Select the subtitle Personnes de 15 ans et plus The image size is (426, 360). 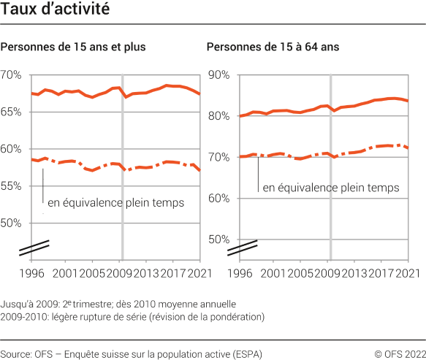74,47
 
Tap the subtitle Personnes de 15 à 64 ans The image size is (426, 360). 273,47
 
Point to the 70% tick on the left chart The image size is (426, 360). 12,75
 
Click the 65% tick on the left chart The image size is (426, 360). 12,112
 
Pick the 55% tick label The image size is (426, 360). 12,186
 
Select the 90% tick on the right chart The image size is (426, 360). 219,75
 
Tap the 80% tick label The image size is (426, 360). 219,116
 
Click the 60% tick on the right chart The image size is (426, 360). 219,198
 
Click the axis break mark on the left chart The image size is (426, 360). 34,248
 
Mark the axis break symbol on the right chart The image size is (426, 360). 242,248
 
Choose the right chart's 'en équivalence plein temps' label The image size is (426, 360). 330,188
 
